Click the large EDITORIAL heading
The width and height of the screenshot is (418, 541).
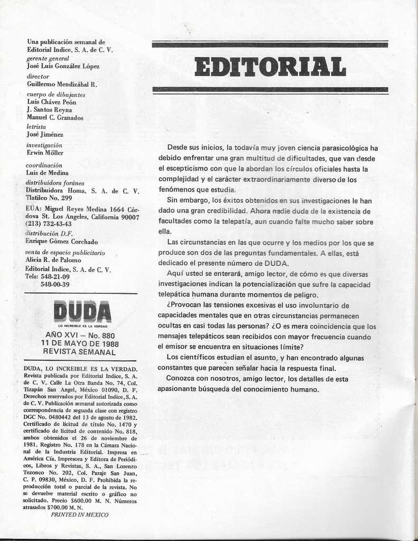click(270, 67)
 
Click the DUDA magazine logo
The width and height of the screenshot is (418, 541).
click(82, 312)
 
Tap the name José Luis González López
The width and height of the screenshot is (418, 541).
click(63, 66)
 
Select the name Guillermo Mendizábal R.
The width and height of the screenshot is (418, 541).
click(62, 84)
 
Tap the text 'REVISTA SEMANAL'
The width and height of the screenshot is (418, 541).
click(79, 352)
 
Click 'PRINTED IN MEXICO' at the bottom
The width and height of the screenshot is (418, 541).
click(79, 515)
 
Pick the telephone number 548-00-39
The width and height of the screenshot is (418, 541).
click(55, 284)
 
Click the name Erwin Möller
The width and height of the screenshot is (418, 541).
click(45, 153)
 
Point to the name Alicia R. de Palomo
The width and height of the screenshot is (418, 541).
click(53, 260)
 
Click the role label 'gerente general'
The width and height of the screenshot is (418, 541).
click(48, 59)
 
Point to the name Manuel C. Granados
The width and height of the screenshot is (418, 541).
click(55, 118)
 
